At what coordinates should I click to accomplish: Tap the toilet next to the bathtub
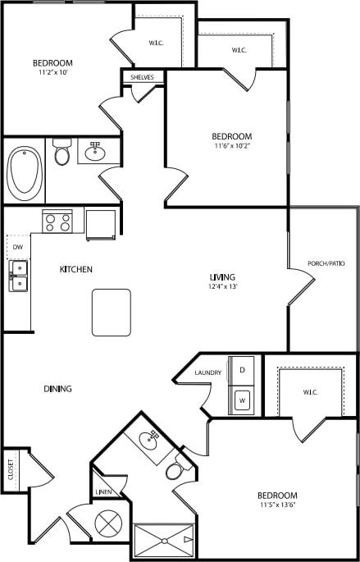coord(62,153)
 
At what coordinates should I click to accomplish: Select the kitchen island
coord(112,312)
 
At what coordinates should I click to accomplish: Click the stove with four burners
coord(57,222)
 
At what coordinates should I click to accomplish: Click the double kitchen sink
coord(17,276)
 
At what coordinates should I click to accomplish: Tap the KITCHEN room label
coord(75,269)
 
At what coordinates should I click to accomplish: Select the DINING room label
coord(57,389)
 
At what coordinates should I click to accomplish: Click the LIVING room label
coord(222,277)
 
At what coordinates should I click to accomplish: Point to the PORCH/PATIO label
coord(326,263)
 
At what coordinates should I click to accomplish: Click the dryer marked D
coord(242,370)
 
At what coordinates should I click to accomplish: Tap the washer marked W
coord(243,400)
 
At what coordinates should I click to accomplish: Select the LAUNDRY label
coord(208,373)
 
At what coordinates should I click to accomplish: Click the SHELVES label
coord(143,77)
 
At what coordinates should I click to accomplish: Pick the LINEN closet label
coord(103,492)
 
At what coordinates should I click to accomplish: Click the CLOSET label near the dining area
coord(11,470)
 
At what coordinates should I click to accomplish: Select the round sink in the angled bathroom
coord(148,439)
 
